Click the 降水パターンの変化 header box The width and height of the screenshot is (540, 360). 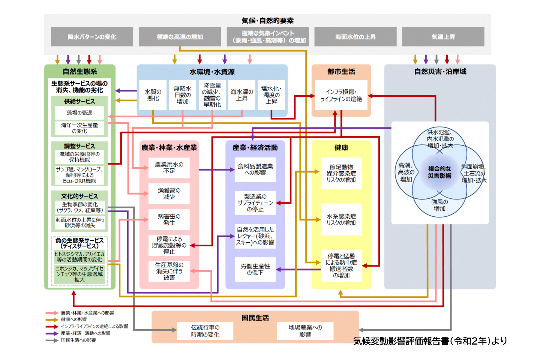(92, 37)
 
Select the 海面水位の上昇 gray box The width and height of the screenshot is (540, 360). (355, 37)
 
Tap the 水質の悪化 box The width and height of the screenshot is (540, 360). (153, 95)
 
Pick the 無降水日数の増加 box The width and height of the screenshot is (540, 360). (183, 95)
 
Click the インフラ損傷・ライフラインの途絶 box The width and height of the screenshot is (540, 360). (341, 95)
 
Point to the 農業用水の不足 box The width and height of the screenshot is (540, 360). (169, 167)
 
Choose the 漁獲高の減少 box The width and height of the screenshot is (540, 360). (169, 193)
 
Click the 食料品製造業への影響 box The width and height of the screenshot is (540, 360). (255, 169)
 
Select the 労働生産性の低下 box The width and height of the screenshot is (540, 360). (255, 269)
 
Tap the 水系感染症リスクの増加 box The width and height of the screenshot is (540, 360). (341, 219)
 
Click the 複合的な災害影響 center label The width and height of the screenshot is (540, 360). (439, 172)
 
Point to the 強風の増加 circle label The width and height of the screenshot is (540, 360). (439, 205)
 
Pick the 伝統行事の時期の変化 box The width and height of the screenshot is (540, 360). (205, 331)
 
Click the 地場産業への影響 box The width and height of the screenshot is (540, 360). (305, 331)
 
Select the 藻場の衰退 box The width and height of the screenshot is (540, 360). (79, 112)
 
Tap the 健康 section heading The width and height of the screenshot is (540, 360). (341, 148)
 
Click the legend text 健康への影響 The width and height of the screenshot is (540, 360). (74, 319)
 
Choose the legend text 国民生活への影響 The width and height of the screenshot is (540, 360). (78, 340)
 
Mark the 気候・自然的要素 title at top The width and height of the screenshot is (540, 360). (267, 21)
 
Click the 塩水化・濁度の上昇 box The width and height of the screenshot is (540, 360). (271, 95)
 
